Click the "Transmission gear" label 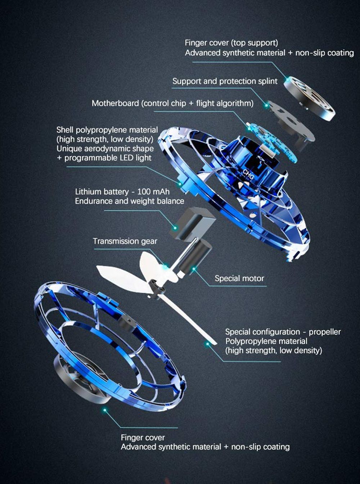click(125, 241)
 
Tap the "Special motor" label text click(239, 278)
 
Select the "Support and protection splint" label click(225, 81)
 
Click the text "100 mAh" click(153, 192)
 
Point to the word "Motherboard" click(115, 103)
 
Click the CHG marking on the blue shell click(248, 174)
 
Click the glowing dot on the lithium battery click(175, 228)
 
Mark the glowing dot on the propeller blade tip click(207, 344)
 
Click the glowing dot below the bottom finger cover click(105, 410)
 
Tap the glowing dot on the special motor click(194, 269)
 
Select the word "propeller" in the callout click(325, 332)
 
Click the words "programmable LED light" click(108, 157)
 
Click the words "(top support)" click(255, 43)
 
